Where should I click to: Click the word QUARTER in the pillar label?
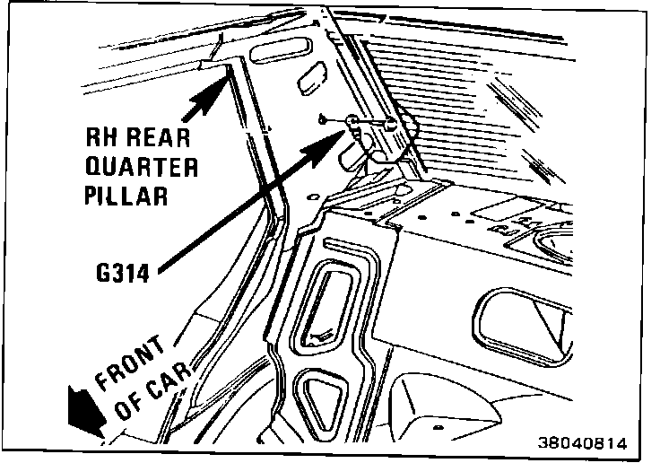click(x=141, y=168)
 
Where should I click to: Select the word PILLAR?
click(x=126, y=197)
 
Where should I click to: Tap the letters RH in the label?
click(x=100, y=140)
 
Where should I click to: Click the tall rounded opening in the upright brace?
click(x=331, y=304)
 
